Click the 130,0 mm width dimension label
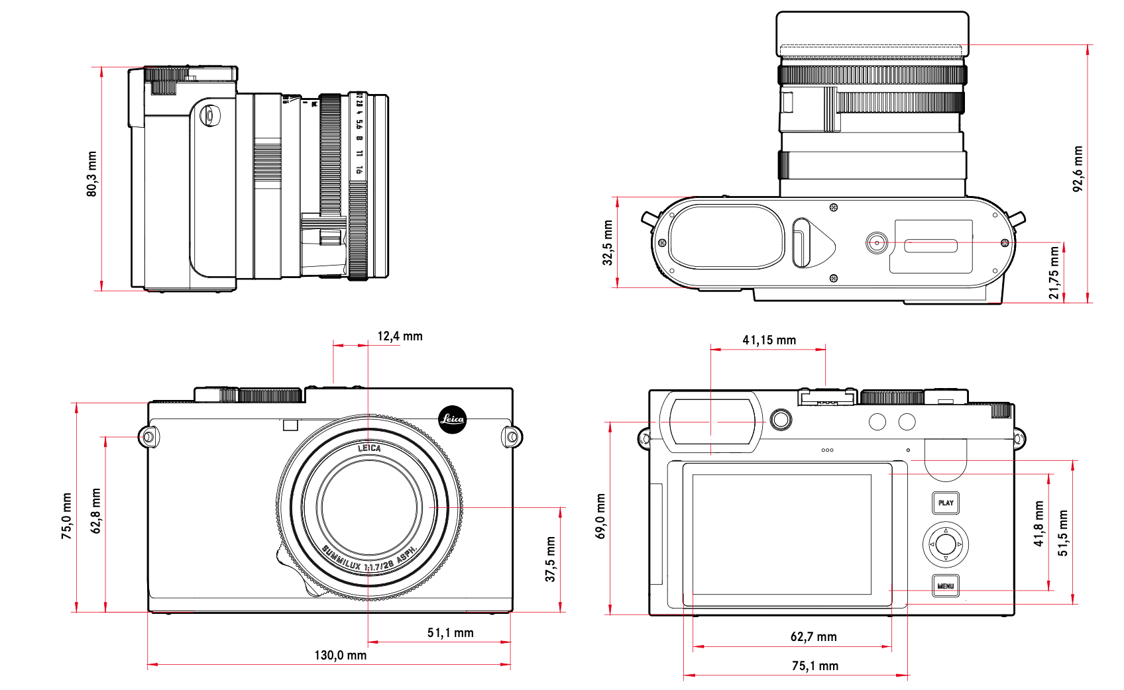point(340,655)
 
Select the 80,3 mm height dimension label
point(91,174)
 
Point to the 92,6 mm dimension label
point(1078,169)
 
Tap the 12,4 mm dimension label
point(400,336)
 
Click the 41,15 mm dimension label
point(769,340)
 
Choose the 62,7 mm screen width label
point(813,636)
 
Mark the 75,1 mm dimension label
point(815,665)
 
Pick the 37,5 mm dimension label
point(550,560)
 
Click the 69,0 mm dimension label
point(600,517)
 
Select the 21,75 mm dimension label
point(1054,273)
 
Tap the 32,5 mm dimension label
point(607,243)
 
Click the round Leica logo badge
point(453,419)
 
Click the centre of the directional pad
point(946,544)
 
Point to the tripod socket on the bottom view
point(877,243)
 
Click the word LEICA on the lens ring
point(369,448)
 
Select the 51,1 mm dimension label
point(450,632)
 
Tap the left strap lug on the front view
point(148,437)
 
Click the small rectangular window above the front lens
point(290,425)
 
